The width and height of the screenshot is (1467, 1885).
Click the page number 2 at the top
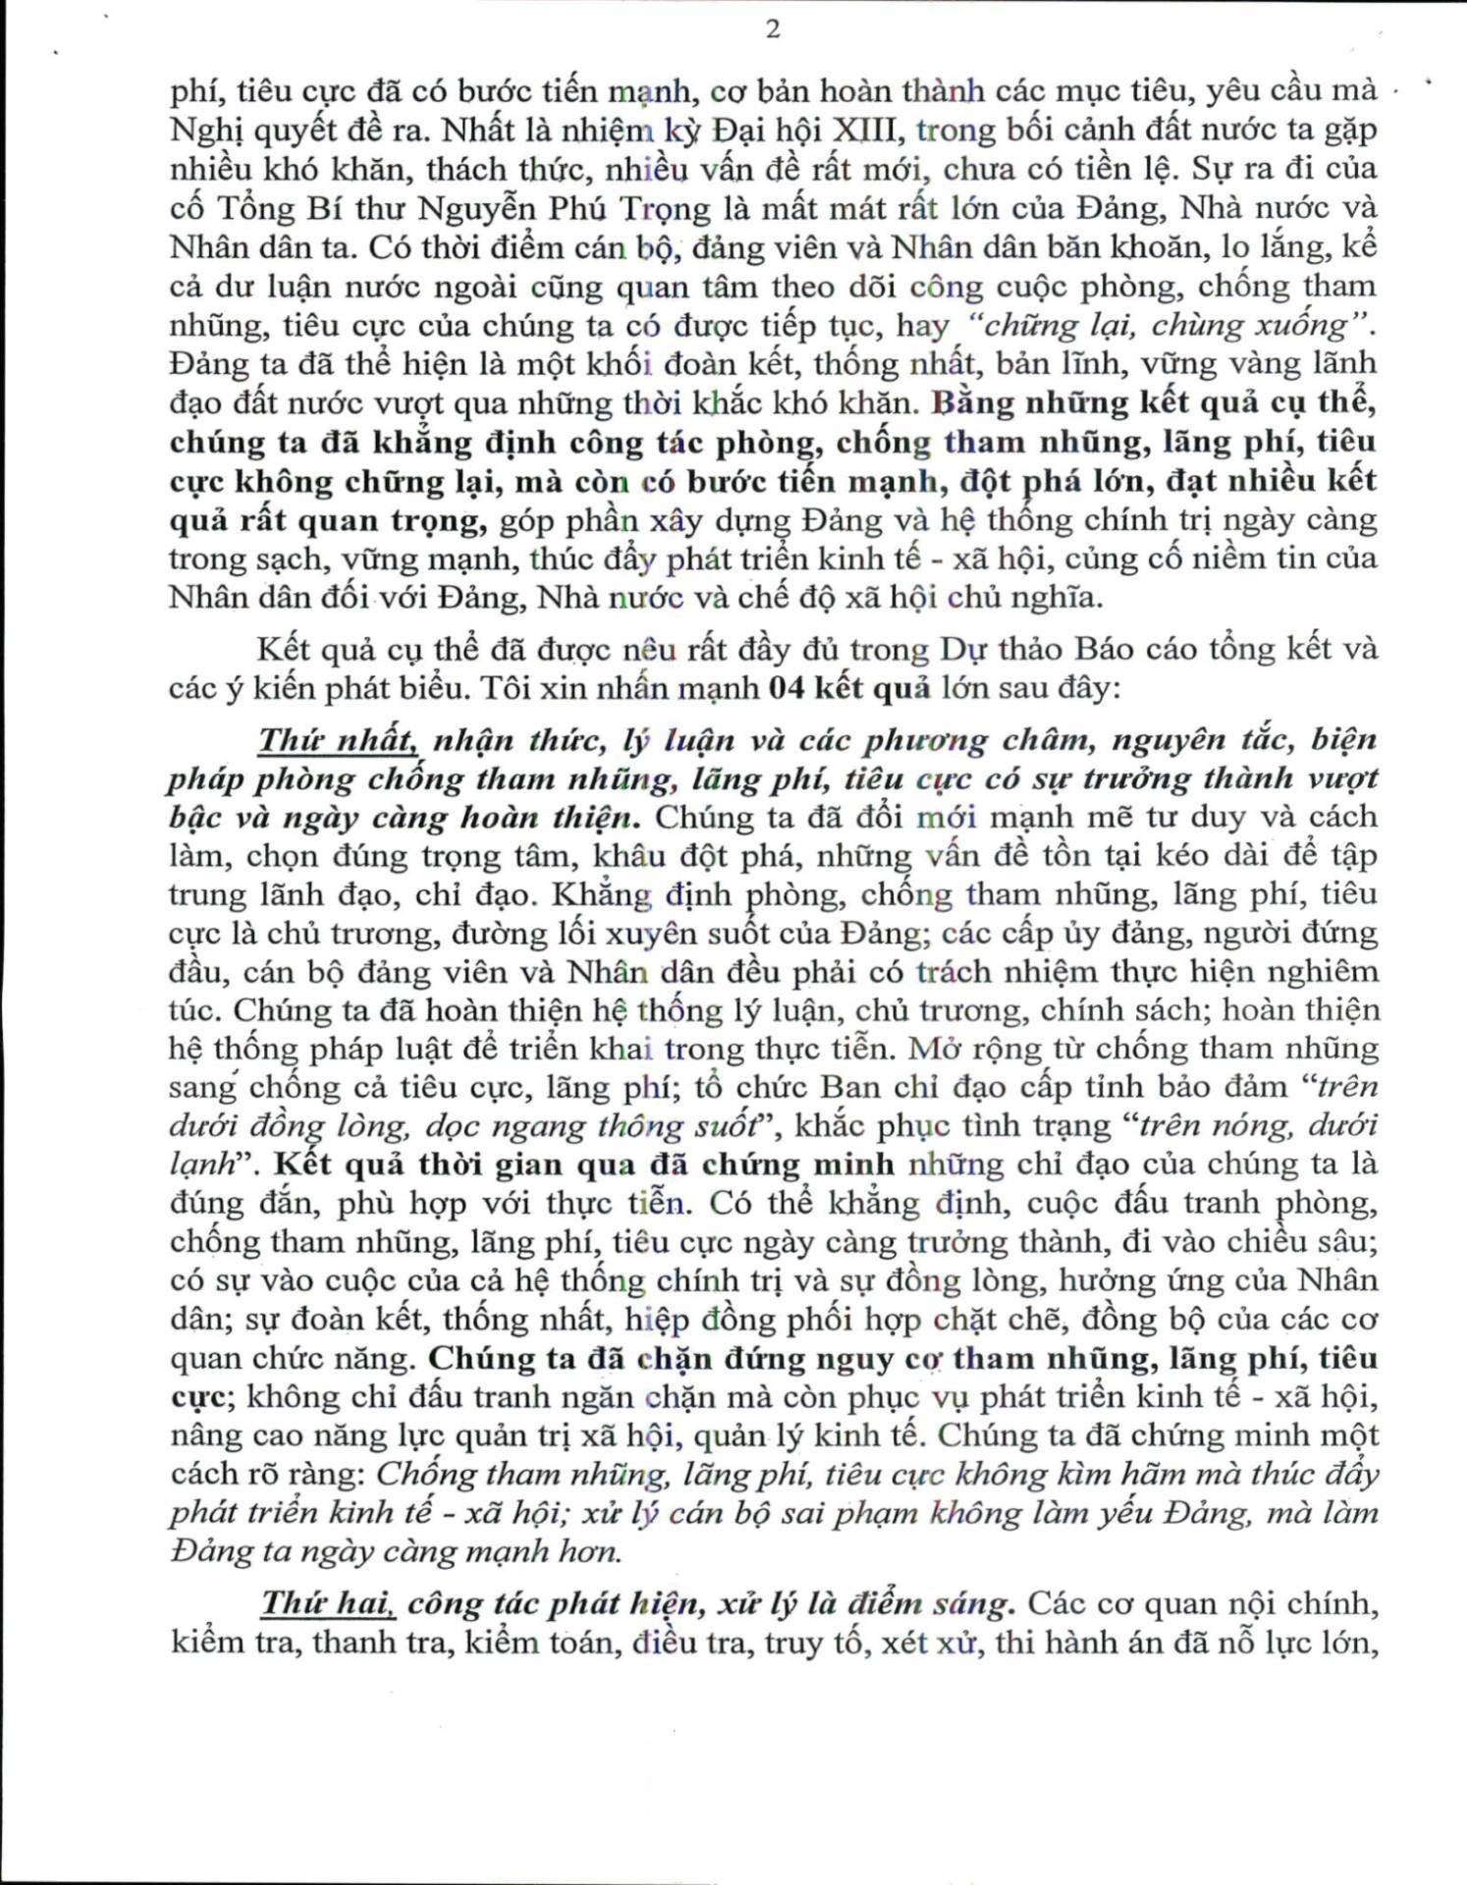point(773,29)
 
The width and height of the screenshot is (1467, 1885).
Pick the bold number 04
point(788,688)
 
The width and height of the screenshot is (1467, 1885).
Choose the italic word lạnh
point(202,1164)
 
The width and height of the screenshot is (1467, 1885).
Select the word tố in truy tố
point(851,1643)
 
